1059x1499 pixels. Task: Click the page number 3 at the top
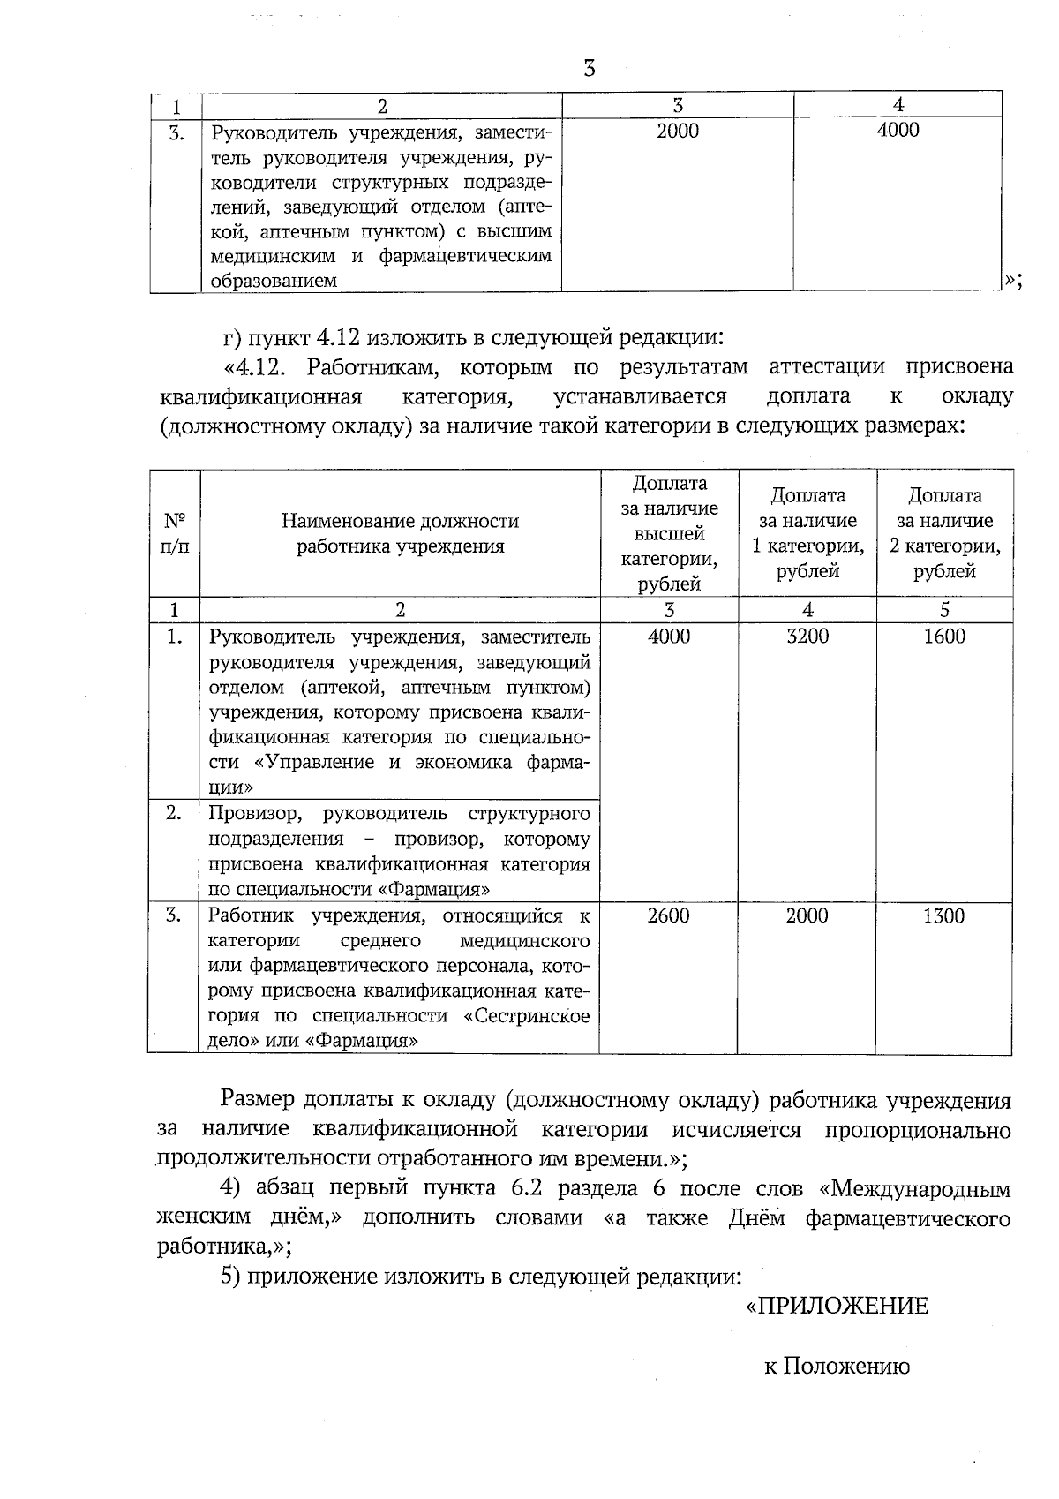tap(590, 68)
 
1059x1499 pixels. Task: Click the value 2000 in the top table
tap(678, 132)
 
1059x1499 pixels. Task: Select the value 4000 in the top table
tap(898, 131)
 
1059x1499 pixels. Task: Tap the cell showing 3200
tap(807, 637)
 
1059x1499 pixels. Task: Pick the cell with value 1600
tap(943, 637)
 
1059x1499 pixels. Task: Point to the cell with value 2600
tap(668, 915)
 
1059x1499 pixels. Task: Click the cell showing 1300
tap(943, 915)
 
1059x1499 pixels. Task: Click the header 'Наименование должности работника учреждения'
tap(400, 533)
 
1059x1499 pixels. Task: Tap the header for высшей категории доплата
tap(669, 533)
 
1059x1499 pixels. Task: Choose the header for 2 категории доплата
tap(944, 533)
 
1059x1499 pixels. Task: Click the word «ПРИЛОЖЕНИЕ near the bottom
tap(837, 1306)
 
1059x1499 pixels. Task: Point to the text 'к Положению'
tap(837, 1367)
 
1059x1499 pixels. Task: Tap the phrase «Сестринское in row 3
tap(526, 1015)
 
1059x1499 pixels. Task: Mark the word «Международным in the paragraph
tap(915, 1188)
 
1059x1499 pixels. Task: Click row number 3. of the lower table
tap(174, 915)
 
